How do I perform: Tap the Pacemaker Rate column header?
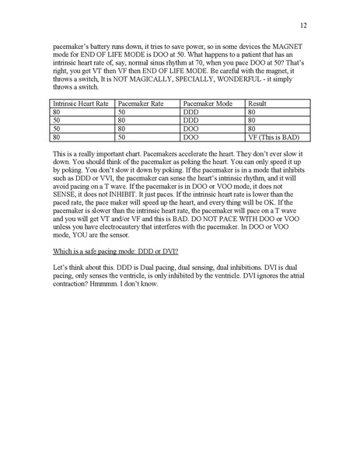click(141, 103)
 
